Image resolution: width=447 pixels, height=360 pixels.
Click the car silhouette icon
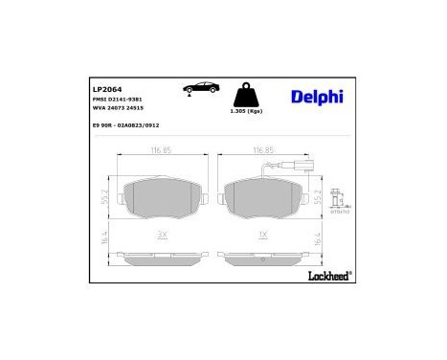pyautogui.click(x=199, y=89)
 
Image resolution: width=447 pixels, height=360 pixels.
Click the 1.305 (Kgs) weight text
pyautogui.click(x=246, y=114)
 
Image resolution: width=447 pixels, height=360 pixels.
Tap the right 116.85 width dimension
pyautogui.click(x=263, y=150)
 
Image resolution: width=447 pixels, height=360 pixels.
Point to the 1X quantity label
pyautogui.click(x=262, y=235)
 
